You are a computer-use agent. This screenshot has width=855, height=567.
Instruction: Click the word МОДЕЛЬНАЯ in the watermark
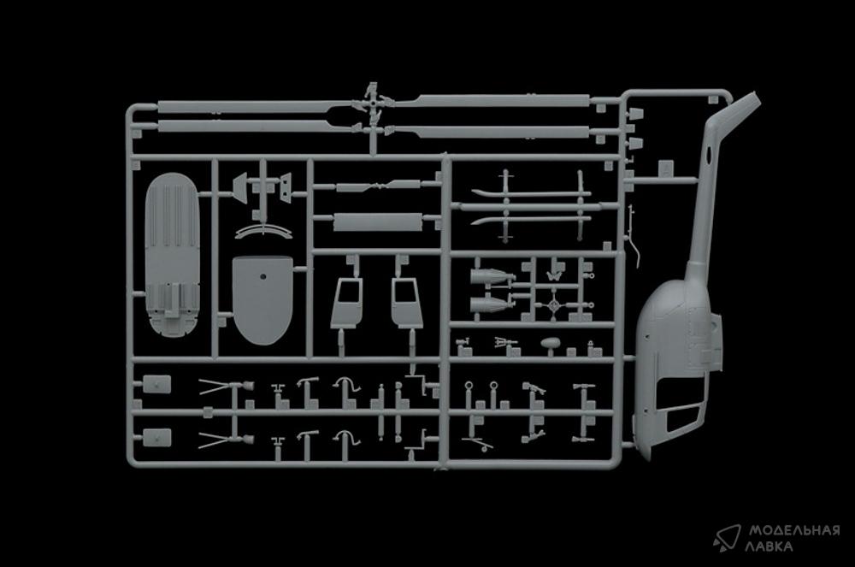[794, 530]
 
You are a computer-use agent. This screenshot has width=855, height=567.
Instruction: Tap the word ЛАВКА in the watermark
[770, 546]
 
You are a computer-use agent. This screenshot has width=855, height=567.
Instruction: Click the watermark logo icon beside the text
[727, 538]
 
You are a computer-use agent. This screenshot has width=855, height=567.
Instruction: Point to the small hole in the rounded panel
[262, 276]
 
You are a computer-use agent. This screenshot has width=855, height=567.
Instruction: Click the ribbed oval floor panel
[173, 255]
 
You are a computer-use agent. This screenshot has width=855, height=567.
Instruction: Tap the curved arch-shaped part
[264, 227]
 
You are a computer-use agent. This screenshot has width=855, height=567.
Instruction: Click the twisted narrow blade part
[379, 186]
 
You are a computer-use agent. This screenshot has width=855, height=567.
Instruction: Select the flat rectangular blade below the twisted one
[377, 221]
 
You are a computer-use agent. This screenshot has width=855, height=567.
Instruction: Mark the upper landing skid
[531, 193]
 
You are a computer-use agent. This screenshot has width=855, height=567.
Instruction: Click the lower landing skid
[531, 221]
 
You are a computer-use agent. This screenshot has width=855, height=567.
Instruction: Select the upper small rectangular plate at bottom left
[156, 384]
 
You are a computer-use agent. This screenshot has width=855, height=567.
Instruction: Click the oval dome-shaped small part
[550, 344]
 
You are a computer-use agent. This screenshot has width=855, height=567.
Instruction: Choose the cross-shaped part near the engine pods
[555, 306]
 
